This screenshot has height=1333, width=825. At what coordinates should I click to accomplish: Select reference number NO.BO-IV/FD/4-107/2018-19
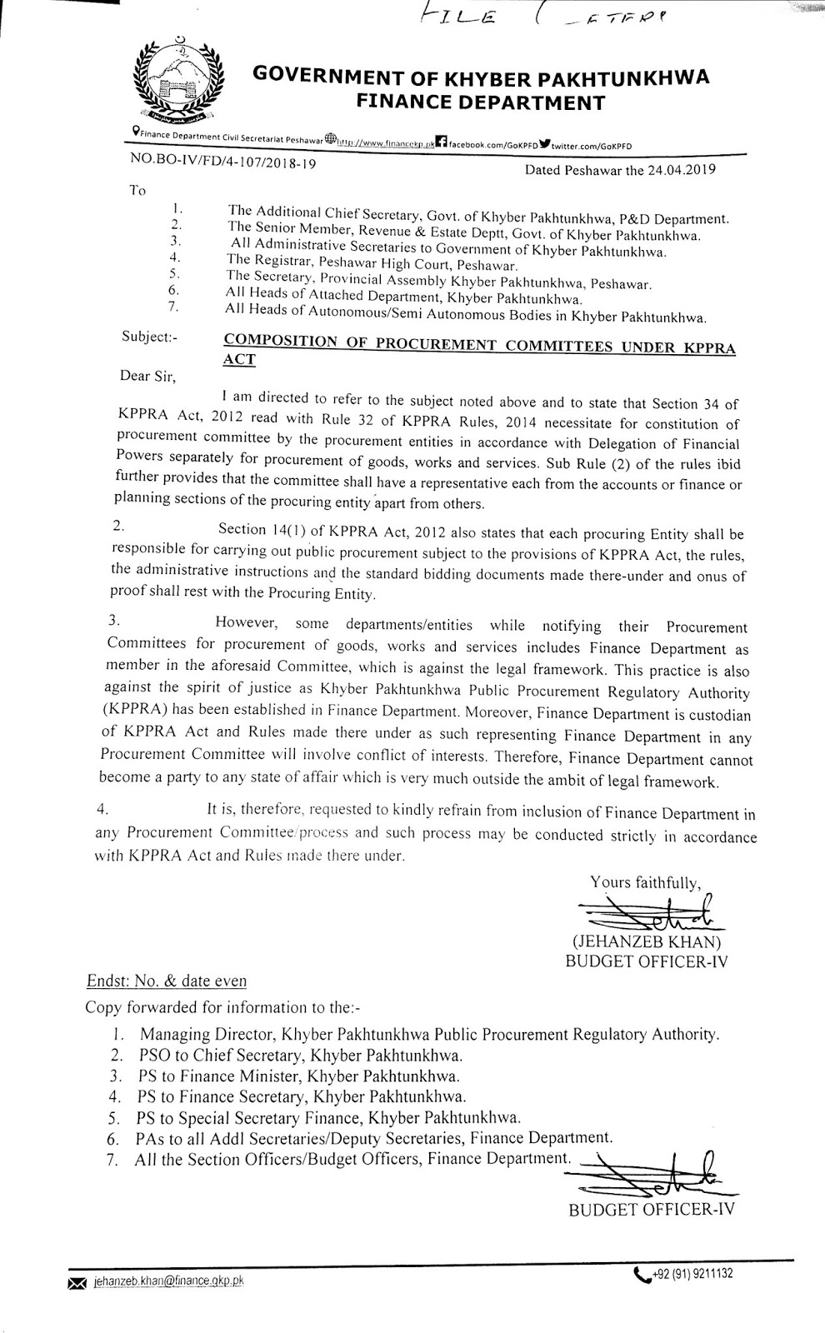[x=222, y=164]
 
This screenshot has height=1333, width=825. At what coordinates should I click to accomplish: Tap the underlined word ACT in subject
[x=240, y=360]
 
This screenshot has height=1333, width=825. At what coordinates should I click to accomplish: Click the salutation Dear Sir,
[x=149, y=377]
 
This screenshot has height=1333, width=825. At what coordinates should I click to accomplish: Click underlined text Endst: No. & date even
[x=167, y=981]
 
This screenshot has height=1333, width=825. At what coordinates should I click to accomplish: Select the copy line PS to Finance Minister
[x=299, y=1076]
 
